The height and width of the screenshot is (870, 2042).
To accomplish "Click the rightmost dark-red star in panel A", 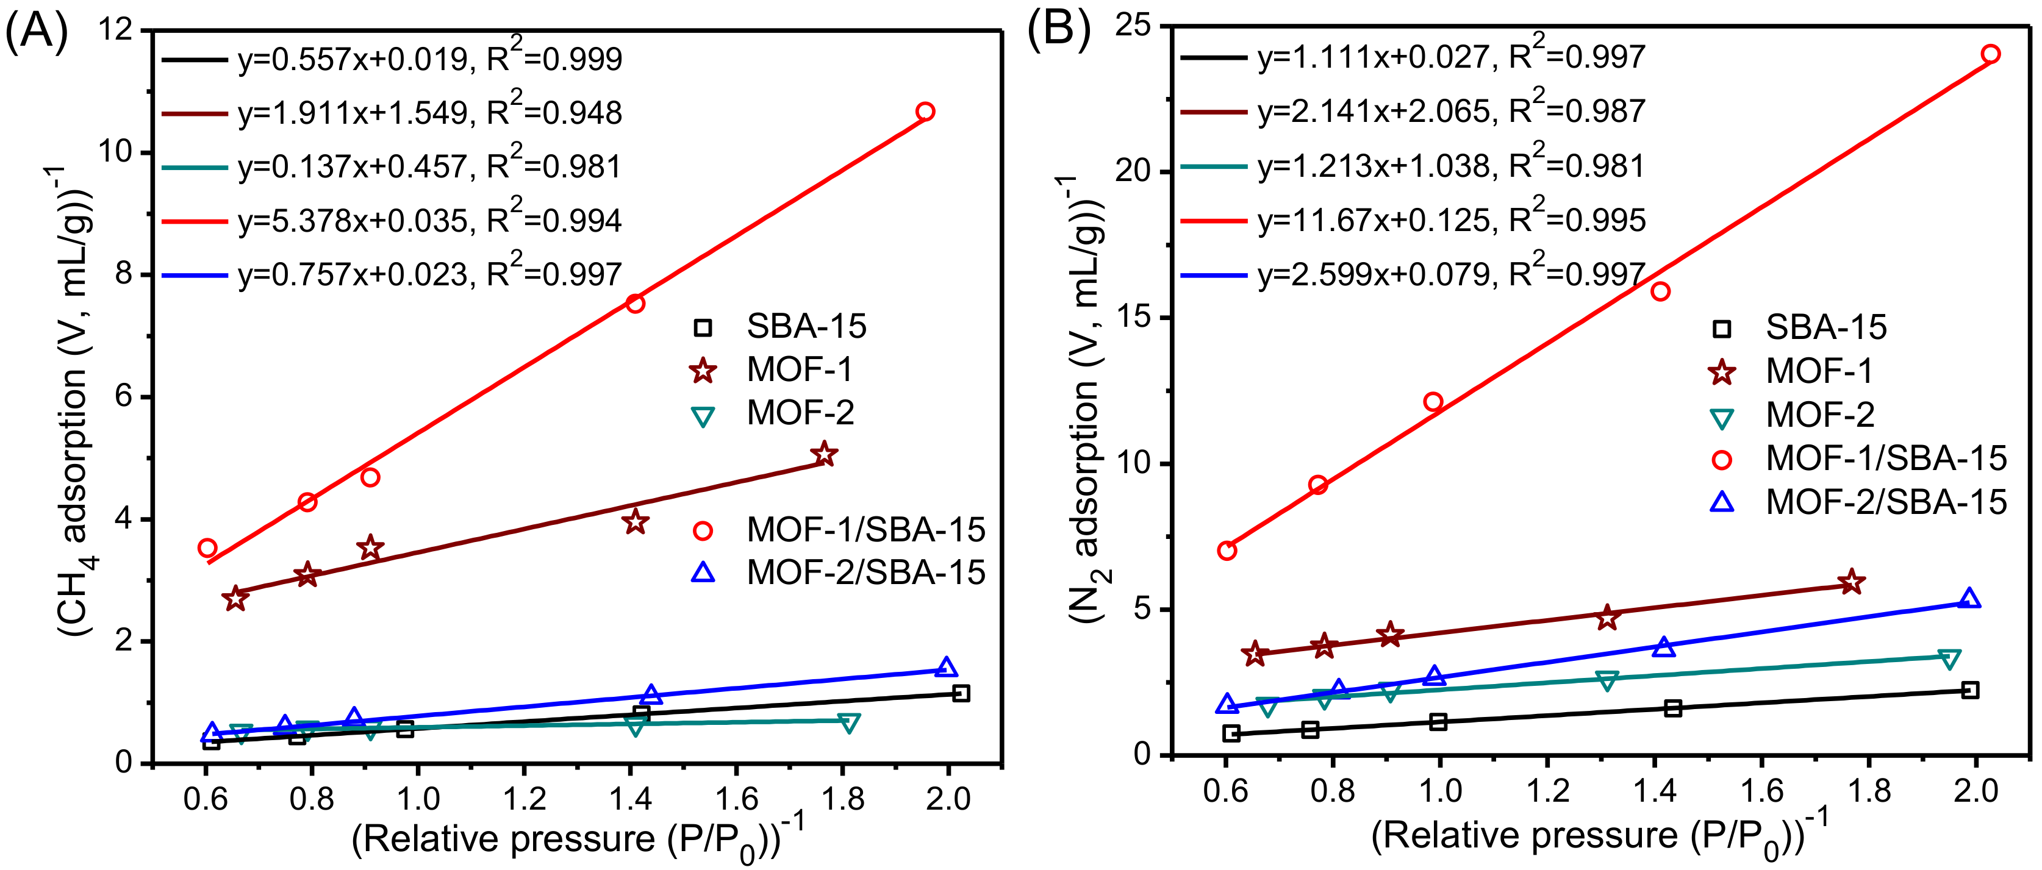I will (825, 454).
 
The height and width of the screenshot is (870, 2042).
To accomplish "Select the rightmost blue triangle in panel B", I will (1969, 599).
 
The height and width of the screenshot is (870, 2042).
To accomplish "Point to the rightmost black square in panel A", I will (961, 693).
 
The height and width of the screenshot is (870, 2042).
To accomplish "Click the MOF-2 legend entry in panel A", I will (799, 413).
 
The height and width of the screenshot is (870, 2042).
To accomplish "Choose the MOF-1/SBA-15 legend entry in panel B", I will (1885, 458).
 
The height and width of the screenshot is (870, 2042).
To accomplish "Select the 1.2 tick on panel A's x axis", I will (524, 798).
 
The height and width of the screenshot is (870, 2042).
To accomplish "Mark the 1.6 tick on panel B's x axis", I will (1761, 790).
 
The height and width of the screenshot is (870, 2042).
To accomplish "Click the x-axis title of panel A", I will (577, 840).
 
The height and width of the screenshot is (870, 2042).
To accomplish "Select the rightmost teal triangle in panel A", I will (848, 722).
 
